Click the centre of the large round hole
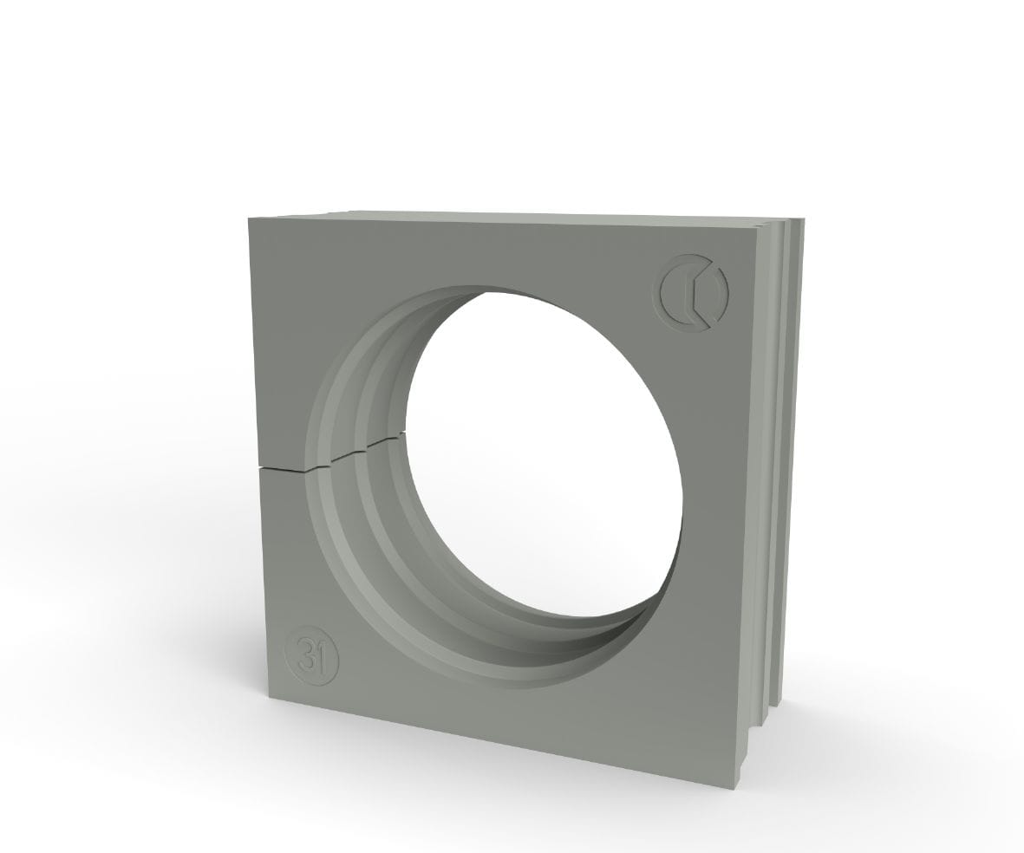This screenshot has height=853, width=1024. [544, 451]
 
